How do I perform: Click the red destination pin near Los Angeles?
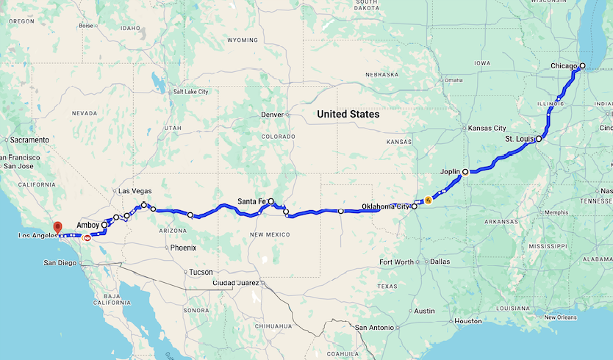point(57,227)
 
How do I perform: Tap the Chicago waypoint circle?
point(582,66)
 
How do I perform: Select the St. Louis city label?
point(520,138)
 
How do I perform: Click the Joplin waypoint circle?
point(465,172)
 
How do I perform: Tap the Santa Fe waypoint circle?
point(270,201)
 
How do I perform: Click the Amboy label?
point(87,225)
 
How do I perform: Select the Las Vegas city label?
point(135,191)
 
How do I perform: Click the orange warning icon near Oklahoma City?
point(429,199)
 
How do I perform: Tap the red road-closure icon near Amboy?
point(87,237)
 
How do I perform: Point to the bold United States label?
point(348,115)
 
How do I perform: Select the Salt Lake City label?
point(190,92)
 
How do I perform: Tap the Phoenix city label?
point(183,248)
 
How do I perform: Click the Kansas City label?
point(489,128)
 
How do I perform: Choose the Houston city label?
point(467,321)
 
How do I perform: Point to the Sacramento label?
point(29,140)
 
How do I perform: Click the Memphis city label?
point(556,212)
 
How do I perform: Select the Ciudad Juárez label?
point(235,282)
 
